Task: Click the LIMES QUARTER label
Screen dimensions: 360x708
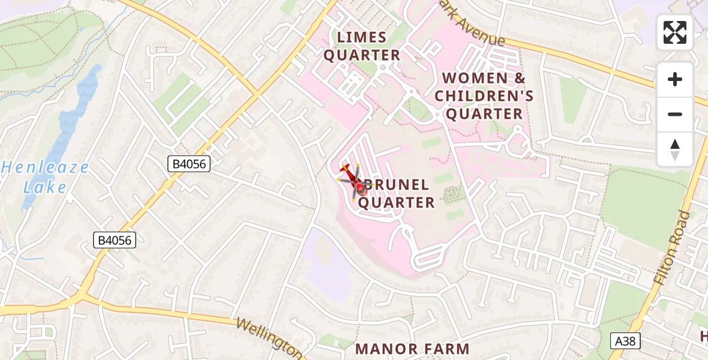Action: click(362, 46)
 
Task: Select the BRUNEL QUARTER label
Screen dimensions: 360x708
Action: click(396, 194)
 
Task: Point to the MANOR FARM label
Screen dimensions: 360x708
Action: click(413, 349)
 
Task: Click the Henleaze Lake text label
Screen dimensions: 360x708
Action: click(44, 177)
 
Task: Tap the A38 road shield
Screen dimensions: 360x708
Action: click(625, 341)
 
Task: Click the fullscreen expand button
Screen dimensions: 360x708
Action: click(675, 32)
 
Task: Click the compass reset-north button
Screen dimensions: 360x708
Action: click(675, 149)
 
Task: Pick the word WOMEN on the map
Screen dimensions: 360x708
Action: click(467, 79)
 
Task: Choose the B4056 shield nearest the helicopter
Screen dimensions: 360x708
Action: click(189, 164)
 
